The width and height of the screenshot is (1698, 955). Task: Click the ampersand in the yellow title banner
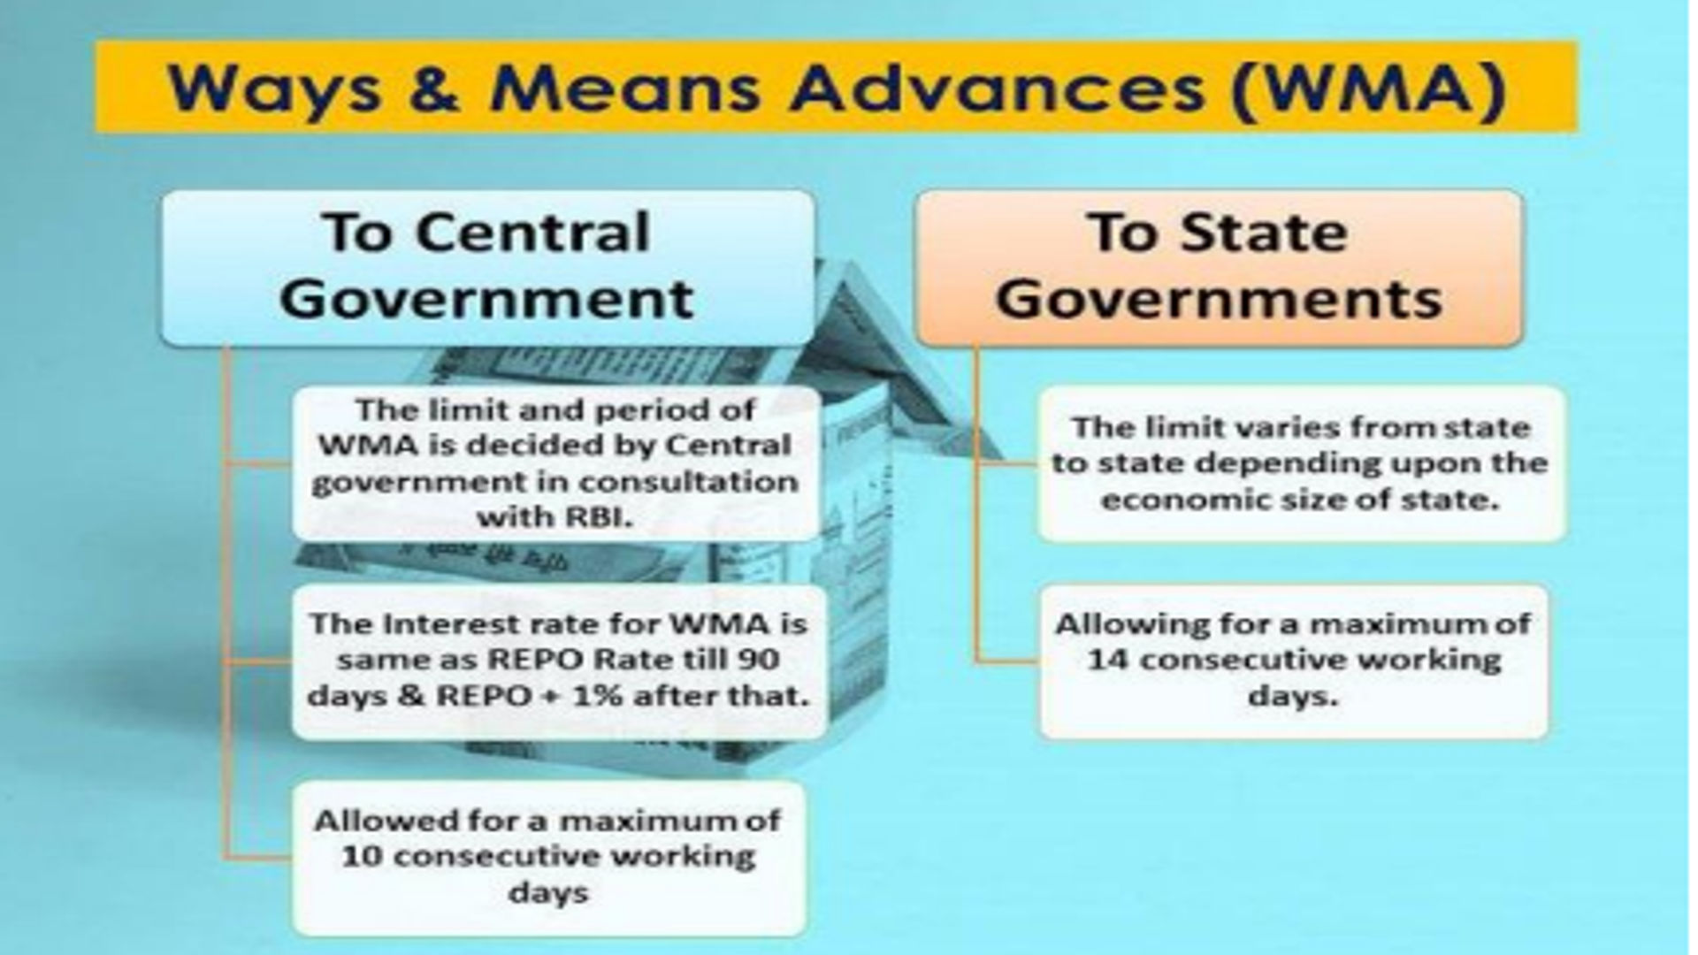[436, 88]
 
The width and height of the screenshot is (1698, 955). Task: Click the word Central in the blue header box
[533, 233]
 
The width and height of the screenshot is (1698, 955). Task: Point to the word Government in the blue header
[486, 298]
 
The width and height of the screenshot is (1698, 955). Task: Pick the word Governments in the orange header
[1220, 299]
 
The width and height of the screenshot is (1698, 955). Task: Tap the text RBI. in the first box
[599, 517]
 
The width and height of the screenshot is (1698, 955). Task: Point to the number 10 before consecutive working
[360, 857]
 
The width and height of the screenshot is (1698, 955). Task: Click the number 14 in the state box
[1105, 661]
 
